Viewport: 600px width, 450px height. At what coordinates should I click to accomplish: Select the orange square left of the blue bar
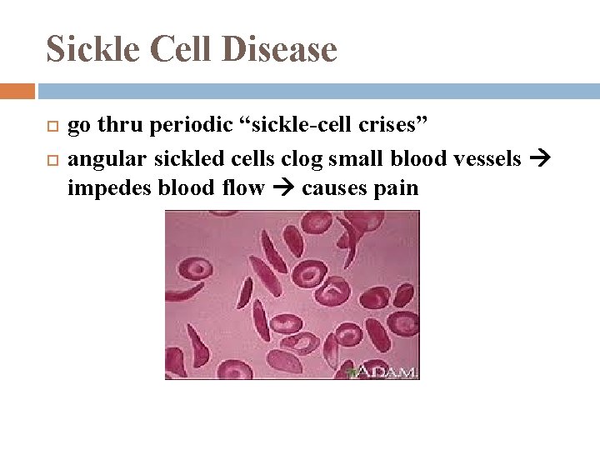point(17,91)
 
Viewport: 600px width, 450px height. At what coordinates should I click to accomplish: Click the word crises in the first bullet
point(391,127)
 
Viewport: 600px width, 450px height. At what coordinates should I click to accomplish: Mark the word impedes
point(99,188)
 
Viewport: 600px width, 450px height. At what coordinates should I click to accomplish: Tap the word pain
point(397,189)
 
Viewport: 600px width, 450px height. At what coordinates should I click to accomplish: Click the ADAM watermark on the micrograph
point(388,372)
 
